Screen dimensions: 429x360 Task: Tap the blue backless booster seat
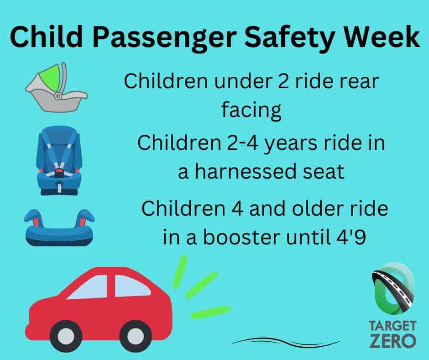[x=59, y=228]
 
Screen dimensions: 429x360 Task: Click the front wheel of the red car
[x=136, y=336]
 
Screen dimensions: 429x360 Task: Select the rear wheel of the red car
[x=66, y=336]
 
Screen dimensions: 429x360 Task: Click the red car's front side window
[x=131, y=286]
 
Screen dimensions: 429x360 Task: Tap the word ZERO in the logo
[x=392, y=340]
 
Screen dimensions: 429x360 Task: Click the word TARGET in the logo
[x=392, y=326]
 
